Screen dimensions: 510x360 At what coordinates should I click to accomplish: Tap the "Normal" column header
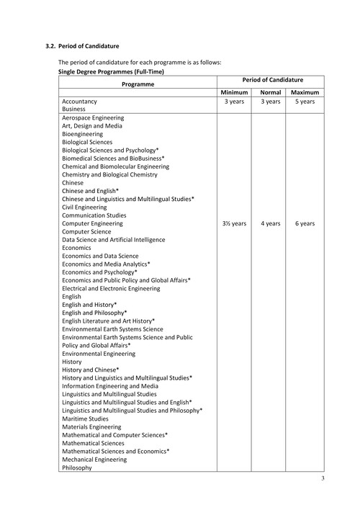(x=270, y=93)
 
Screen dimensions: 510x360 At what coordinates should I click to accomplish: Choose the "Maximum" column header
(x=305, y=93)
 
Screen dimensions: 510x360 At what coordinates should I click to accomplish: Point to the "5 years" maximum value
(x=305, y=102)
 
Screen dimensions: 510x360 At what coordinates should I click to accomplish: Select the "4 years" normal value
(x=270, y=223)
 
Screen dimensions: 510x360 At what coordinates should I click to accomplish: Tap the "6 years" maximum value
(x=305, y=223)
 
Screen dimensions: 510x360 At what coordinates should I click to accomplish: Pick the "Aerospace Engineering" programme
(x=93, y=117)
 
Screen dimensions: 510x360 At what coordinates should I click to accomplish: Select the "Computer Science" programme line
(x=86, y=231)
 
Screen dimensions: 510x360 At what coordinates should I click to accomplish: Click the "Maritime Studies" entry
(x=85, y=418)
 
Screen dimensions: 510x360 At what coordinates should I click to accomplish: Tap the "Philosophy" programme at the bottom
(x=77, y=467)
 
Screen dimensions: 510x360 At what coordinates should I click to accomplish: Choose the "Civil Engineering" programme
(x=84, y=207)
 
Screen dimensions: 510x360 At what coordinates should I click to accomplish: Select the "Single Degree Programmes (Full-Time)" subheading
(x=111, y=72)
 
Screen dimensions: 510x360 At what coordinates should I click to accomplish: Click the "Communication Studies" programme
(x=94, y=215)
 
